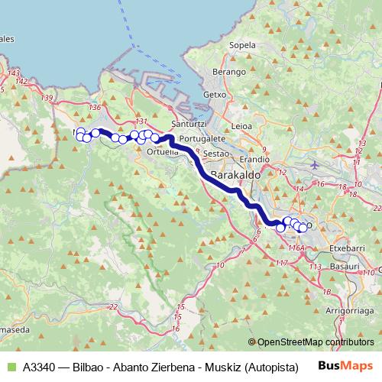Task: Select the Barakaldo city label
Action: click(235, 176)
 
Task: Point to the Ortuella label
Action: click(162, 151)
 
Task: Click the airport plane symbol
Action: click(316, 164)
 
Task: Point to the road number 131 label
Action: click(141, 121)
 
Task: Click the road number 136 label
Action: click(94, 108)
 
